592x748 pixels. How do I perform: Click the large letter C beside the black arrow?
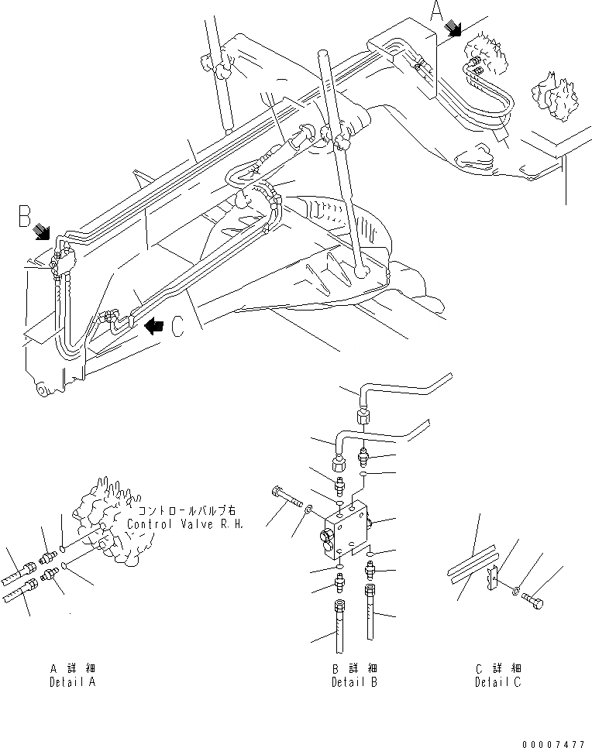tap(177, 328)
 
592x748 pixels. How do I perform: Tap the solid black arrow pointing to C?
tap(154, 327)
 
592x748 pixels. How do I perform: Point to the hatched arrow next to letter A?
tap(453, 30)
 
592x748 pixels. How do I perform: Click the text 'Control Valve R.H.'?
tap(185, 524)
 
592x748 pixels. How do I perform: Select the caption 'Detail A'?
tap(72, 682)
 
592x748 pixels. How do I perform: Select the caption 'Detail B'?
tap(354, 682)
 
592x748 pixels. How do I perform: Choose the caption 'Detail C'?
tap(498, 682)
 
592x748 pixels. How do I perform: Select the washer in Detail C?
tap(517, 592)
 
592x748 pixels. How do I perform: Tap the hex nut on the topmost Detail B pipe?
tap(362, 417)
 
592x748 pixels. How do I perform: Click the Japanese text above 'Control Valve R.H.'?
tap(185, 512)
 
